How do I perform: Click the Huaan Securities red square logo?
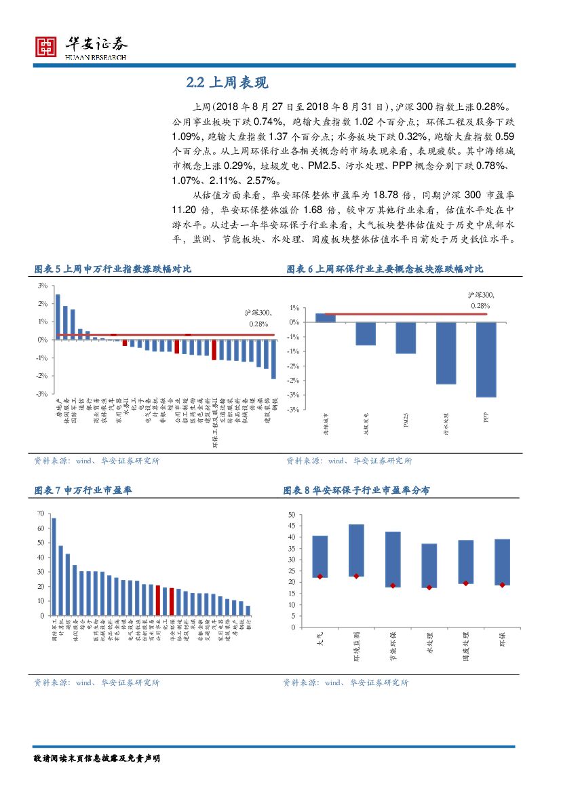pos(46,47)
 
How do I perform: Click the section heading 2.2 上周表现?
pos(227,83)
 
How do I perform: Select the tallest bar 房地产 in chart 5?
pos(58,317)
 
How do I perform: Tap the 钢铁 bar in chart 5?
pos(273,359)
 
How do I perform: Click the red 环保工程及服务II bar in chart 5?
pos(214,349)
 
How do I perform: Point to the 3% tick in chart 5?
pos(42,286)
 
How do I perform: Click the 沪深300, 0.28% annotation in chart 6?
pos(480,301)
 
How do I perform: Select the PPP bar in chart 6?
pos(486,360)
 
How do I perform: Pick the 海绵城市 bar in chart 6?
pos(326,317)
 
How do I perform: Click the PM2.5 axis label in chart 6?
pos(406,421)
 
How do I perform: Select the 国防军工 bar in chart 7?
pos(54,566)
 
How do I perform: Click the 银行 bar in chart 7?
pos(248,611)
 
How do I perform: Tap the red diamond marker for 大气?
pos(320,577)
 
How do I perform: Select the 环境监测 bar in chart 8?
pos(356,550)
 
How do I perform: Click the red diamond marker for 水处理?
pos(429,587)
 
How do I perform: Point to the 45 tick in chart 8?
pos(291,526)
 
